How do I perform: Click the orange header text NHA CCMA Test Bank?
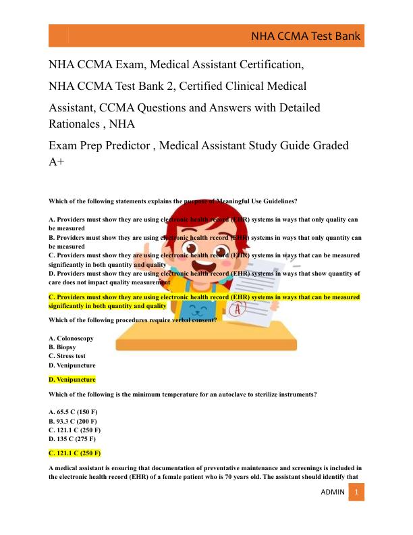[x=306, y=36]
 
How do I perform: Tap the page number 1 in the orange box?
[x=356, y=492]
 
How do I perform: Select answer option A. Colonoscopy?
[x=71, y=338]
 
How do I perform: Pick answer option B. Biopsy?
[x=62, y=347]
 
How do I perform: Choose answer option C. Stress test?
[x=67, y=355]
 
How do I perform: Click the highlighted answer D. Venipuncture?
[x=72, y=380]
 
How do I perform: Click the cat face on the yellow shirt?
[x=195, y=313]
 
